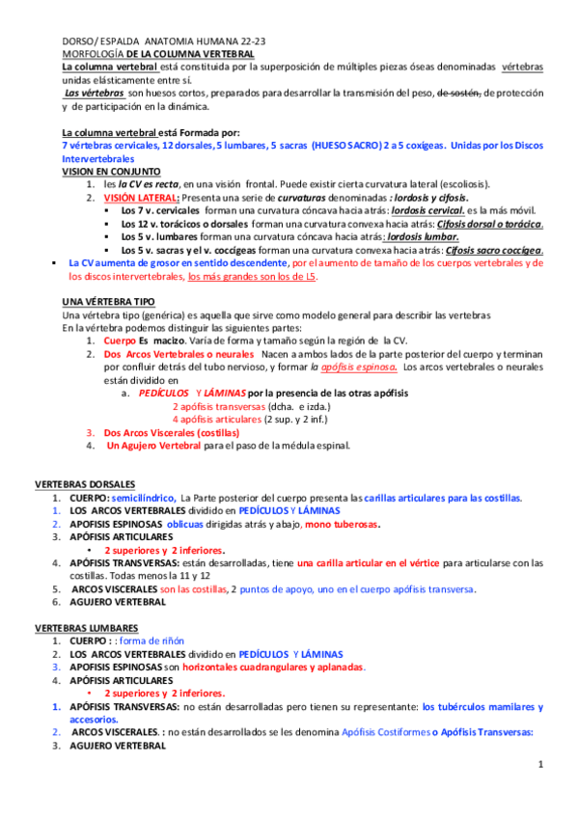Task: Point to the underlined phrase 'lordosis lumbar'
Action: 421,236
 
